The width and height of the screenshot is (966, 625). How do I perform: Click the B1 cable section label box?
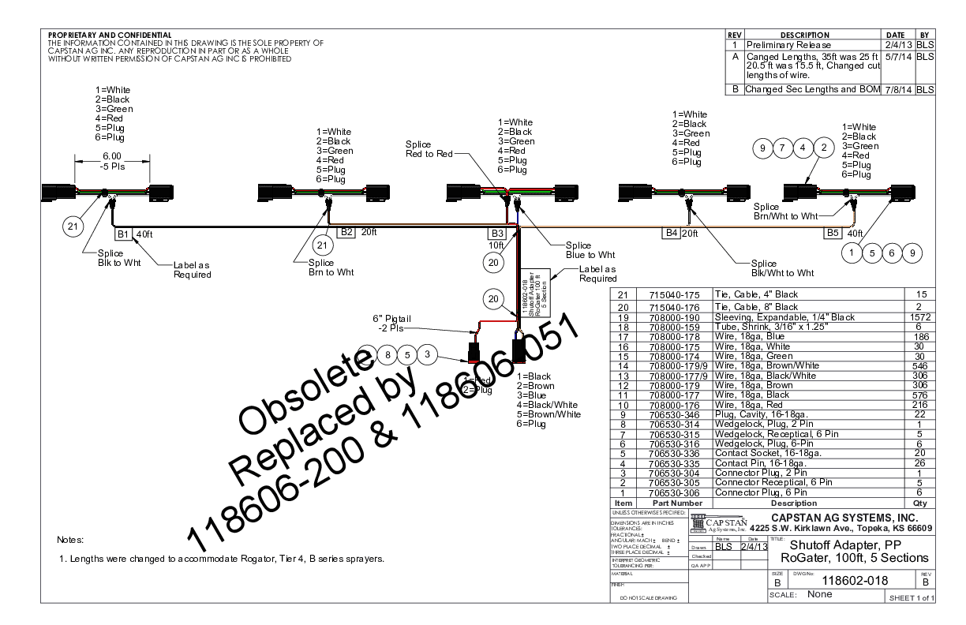122,234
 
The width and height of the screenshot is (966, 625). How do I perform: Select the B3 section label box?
497,234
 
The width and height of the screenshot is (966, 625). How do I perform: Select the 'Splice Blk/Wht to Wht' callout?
781,268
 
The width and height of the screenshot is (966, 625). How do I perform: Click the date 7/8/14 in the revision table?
898,90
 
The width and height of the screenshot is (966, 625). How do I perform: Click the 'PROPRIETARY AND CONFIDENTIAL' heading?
110,36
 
